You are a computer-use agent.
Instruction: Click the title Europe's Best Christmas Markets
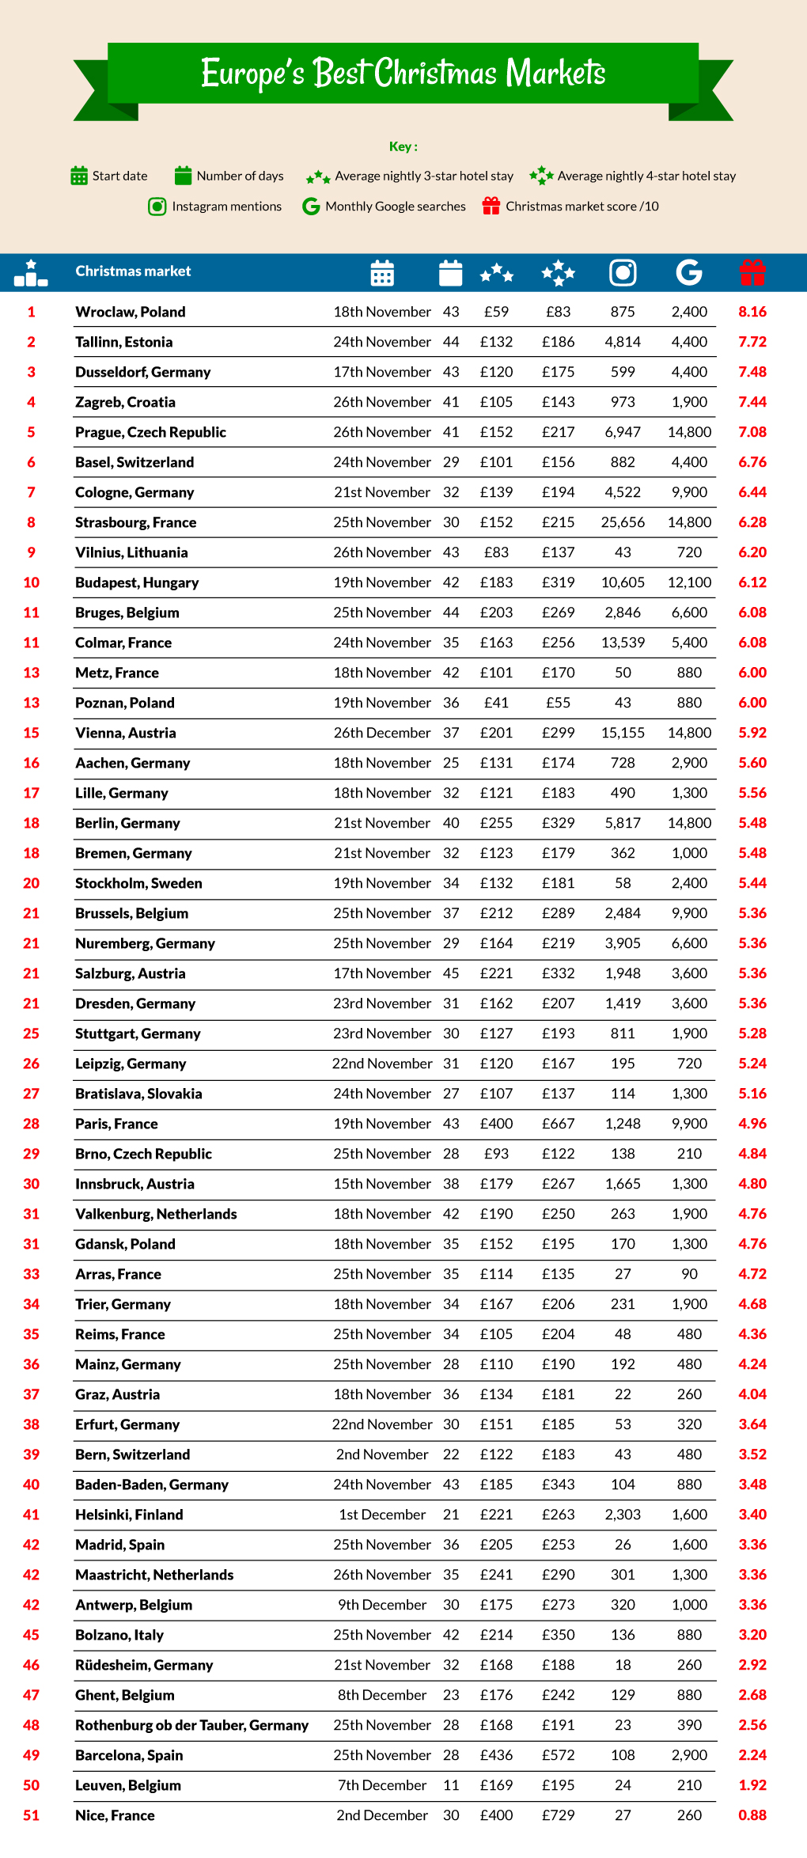[x=403, y=73]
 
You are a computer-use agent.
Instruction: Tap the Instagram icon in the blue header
[x=623, y=272]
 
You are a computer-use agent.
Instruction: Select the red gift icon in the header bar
[x=752, y=272]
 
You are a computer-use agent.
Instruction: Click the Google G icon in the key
[x=311, y=207]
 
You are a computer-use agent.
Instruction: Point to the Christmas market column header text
[x=133, y=271]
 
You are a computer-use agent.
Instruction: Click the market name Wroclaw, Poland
[x=131, y=312]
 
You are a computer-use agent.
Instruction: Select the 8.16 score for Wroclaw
[x=752, y=312]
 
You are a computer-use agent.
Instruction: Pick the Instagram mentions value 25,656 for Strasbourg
[x=623, y=522]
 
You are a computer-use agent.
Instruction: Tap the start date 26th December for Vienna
[x=382, y=733]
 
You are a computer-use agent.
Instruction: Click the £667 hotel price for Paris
[x=558, y=1124]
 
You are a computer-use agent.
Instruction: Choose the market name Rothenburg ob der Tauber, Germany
[x=191, y=1725]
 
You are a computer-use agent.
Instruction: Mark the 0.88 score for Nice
[x=752, y=1815]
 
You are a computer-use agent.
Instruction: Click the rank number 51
[x=31, y=1815]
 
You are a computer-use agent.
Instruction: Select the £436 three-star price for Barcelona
[x=496, y=1755]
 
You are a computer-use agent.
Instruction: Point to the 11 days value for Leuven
[x=451, y=1785]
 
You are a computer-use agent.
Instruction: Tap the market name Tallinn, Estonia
[x=124, y=342]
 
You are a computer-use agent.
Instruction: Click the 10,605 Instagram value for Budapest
[x=623, y=582]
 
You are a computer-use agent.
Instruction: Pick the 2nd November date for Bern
[x=382, y=1454]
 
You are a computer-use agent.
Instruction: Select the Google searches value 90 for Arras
[x=689, y=1274]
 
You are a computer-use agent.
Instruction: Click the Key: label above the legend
[x=403, y=146]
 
